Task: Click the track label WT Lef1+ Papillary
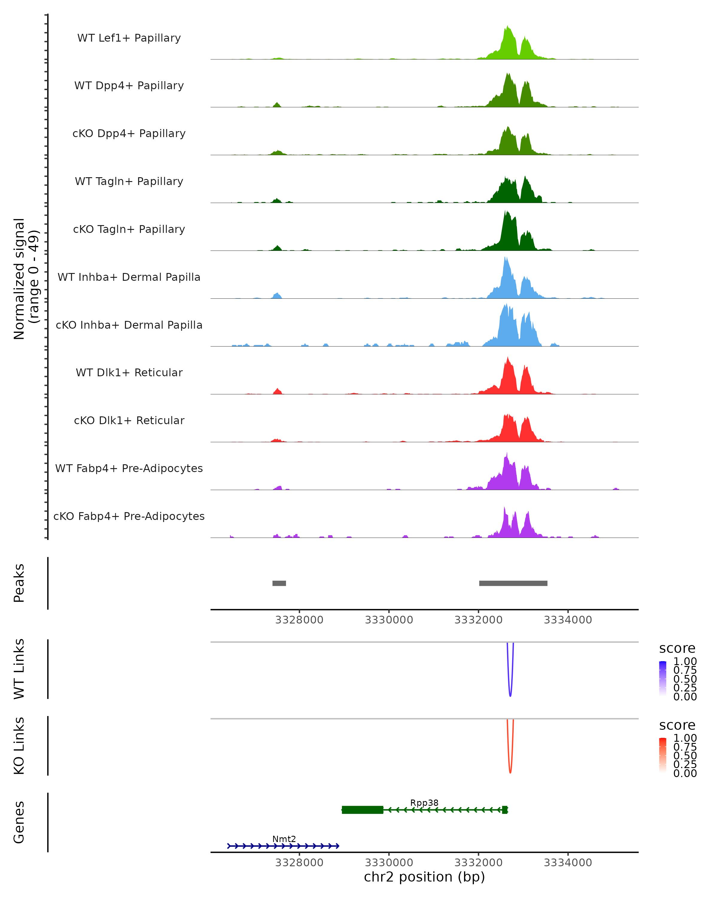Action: pyautogui.click(x=129, y=38)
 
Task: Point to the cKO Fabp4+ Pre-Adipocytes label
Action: pyautogui.click(x=129, y=516)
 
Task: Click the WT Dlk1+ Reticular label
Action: pyautogui.click(x=129, y=372)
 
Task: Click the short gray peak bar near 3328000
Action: pyautogui.click(x=279, y=583)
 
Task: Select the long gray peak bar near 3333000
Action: pyautogui.click(x=513, y=583)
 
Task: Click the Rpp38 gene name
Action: pyautogui.click(x=424, y=803)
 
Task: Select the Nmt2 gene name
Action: pyautogui.click(x=284, y=839)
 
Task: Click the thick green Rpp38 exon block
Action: pyautogui.click(x=362, y=810)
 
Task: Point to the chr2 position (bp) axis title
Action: pyautogui.click(x=424, y=877)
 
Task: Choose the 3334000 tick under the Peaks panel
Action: pyautogui.click(x=568, y=620)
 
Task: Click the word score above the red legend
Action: pyautogui.click(x=677, y=725)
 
